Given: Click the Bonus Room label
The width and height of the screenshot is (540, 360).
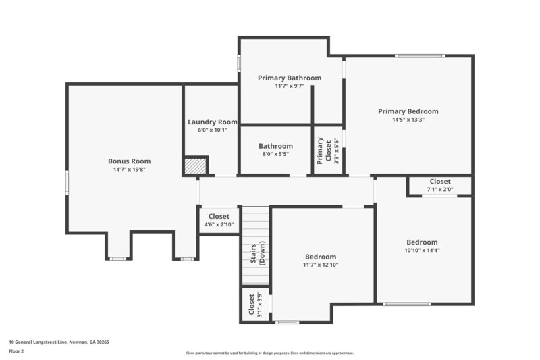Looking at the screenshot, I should point(129,161).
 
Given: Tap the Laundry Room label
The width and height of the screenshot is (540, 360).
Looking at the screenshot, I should point(212,122).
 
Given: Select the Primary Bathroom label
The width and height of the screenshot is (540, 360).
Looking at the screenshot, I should point(290,78).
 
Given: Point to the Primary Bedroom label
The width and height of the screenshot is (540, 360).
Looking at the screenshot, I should point(408,111).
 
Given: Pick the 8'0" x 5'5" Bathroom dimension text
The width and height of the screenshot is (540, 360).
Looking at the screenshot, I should point(275,154).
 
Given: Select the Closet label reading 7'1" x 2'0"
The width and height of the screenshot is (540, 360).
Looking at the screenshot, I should point(440,182).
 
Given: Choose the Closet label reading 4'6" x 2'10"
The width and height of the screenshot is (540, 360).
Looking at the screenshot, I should point(219,217).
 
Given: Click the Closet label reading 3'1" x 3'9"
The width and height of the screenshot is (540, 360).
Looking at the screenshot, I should point(251,305).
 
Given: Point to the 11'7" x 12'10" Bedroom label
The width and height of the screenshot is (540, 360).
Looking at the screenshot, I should point(321,257).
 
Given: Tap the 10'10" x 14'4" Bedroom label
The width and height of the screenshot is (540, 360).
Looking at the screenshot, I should point(422,242).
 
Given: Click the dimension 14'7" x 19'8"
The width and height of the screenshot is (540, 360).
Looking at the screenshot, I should point(129,170).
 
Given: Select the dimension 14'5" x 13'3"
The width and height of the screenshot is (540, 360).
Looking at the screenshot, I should point(408,120).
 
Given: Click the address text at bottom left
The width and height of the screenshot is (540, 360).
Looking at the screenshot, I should point(59,342).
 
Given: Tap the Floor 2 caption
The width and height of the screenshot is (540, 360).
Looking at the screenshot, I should point(16,351).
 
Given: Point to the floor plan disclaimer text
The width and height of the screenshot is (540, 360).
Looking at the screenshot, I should point(269,353).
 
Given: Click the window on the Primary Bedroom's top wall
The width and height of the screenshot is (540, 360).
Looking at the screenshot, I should point(420,55).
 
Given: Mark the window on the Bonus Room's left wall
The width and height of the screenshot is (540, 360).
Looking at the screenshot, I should point(66,183).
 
